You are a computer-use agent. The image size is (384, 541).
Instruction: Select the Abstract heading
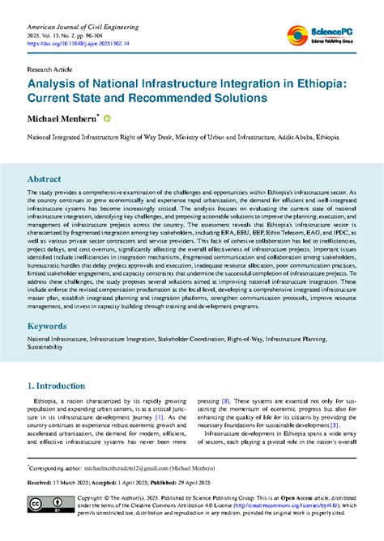[x=45, y=178]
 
